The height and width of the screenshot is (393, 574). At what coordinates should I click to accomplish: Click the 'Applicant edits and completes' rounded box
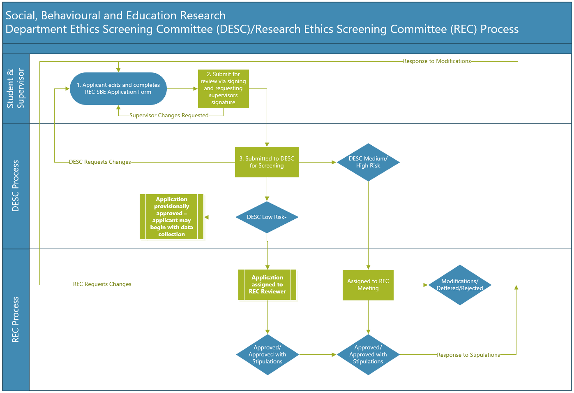tap(118, 88)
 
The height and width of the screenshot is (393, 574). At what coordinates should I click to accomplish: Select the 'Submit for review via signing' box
tap(223, 88)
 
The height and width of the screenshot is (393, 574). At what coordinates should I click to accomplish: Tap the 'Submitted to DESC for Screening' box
tap(267, 162)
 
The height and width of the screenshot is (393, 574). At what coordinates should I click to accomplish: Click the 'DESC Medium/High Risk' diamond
tap(368, 162)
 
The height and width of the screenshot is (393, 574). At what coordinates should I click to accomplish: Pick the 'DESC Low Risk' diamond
tap(267, 217)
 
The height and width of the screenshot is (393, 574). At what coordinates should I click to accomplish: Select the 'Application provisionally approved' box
tap(171, 217)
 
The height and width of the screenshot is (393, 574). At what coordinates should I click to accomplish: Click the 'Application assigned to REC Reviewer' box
tap(267, 285)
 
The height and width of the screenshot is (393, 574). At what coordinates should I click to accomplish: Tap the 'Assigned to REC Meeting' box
tap(368, 285)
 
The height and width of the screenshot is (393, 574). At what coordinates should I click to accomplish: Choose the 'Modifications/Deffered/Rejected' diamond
tap(460, 285)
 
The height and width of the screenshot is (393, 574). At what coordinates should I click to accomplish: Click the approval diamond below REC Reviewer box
tap(267, 354)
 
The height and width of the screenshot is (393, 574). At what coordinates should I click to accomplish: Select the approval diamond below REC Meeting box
tap(368, 354)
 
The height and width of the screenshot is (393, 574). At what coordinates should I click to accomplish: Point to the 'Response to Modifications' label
tap(437, 61)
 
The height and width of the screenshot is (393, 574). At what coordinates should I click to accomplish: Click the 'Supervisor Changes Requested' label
tap(169, 116)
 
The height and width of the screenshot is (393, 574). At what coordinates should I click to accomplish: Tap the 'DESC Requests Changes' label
tap(100, 162)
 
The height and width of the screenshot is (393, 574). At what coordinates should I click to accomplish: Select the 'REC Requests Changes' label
tap(102, 284)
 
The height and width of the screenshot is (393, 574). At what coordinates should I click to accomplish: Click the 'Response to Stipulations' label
tap(468, 355)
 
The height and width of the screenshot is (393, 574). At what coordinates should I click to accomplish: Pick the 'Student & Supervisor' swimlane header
tap(16, 88)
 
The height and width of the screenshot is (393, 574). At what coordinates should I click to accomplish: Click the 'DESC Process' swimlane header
tap(16, 186)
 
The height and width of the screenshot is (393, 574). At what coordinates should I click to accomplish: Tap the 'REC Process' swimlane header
tap(16, 320)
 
